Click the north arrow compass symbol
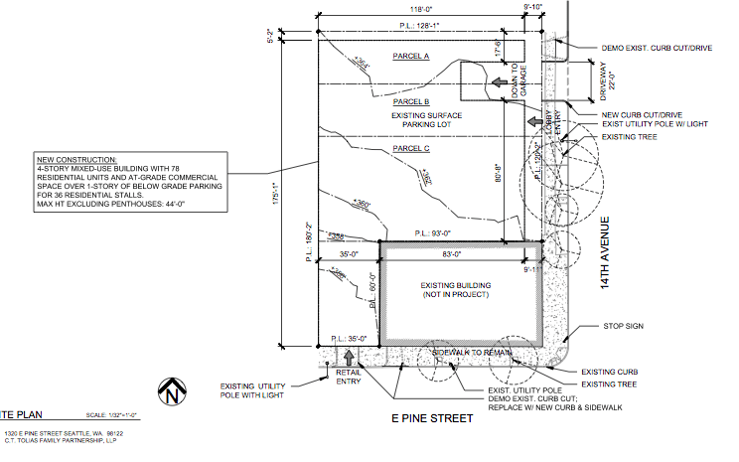tap(176, 391)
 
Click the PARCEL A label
tap(410, 56)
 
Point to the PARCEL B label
tap(410, 101)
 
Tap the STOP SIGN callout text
tap(624, 325)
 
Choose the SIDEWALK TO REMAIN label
tap(474, 353)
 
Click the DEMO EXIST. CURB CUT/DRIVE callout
tap(658, 48)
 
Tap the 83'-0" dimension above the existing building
tap(451, 255)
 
